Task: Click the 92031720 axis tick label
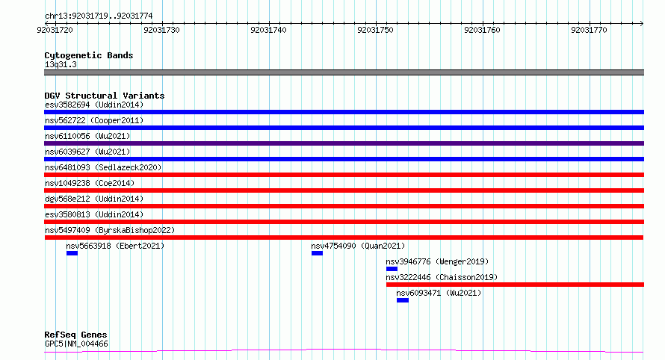(x=55, y=30)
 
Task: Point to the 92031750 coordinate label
(x=375, y=30)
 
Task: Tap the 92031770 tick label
(x=589, y=30)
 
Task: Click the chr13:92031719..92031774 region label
(x=99, y=16)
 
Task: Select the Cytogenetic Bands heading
(x=89, y=55)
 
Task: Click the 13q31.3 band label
(x=61, y=64)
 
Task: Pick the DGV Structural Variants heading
(x=105, y=96)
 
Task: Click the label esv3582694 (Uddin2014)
(x=94, y=105)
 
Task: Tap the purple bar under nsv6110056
(x=344, y=143)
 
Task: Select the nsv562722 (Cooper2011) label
(x=94, y=120)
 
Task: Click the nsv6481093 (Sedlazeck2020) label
(x=103, y=167)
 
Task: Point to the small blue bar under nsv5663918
(x=72, y=253)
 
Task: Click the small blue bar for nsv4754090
(x=318, y=253)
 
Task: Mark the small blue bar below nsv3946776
(x=392, y=269)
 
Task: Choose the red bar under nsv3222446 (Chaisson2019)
(x=516, y=285)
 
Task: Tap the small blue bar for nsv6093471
(x=403, y=300)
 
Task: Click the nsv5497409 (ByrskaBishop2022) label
(x=110, y=230)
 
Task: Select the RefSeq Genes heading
(x=75, y=335)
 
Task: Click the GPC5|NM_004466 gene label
(x=76, y=344)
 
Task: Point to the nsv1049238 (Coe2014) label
(x=90, y=183)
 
